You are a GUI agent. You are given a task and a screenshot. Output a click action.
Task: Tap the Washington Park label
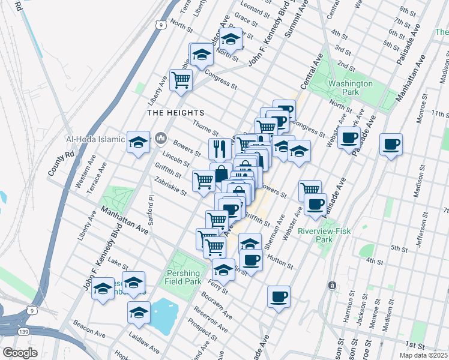(x=350, y=88)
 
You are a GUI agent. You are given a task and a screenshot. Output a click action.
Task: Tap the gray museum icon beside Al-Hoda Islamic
(x=160, y=139)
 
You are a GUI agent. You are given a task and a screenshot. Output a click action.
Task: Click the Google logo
(x=20, y=353)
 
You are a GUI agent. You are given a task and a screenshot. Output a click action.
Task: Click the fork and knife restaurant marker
(x=220, y=148)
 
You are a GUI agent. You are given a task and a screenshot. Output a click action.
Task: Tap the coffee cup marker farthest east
(x=391, y=144)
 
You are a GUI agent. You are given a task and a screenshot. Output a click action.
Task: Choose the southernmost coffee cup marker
(x=279, y=296)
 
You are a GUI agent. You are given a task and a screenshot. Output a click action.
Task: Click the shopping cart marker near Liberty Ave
(x=181, y=79)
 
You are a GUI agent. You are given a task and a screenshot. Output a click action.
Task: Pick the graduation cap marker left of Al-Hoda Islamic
(x=139, y=142)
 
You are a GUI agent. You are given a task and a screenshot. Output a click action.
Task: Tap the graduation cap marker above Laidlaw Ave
(x=139, y=312)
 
